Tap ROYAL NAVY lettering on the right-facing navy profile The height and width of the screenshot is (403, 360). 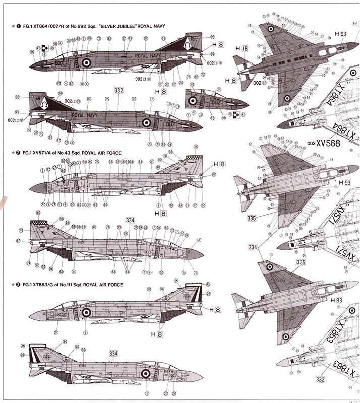pos(85,116)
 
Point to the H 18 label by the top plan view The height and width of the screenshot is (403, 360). pos(241,48)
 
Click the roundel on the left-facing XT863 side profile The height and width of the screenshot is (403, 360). pos(86,312)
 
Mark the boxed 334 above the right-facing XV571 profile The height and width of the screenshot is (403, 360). pos(130,220)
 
